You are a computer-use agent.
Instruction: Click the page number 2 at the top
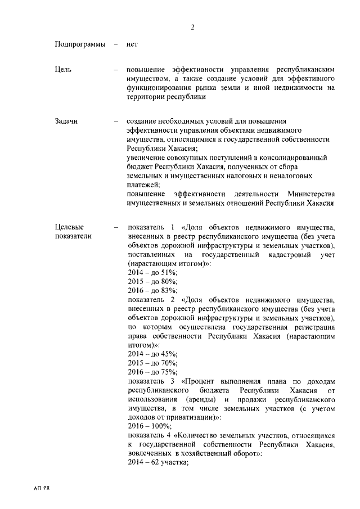point(192,27)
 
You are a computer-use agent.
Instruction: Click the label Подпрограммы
point(80,44)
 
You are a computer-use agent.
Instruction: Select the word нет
point(133,44)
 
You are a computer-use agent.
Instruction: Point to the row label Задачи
point(66,121)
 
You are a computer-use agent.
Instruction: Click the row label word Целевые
point(70,227)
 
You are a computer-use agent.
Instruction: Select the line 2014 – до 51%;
point(152,272)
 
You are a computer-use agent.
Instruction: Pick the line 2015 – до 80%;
point(152,281)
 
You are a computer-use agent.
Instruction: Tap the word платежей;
point(143,184)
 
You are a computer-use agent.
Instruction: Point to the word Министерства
point(311,193)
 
